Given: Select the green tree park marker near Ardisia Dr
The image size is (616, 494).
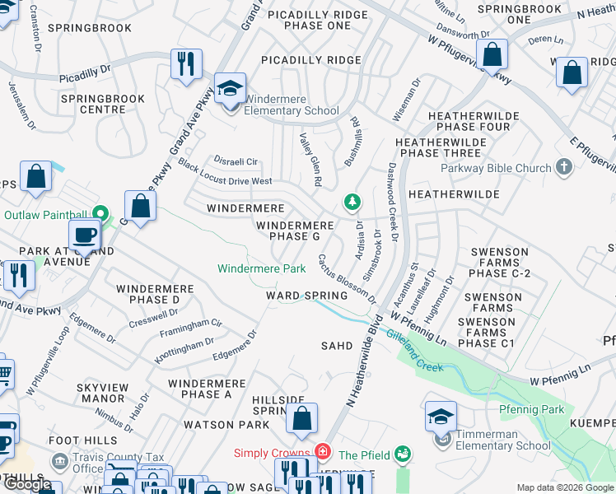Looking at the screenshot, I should point(352,202).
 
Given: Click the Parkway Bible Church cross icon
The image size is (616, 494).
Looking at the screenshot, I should point(564,168).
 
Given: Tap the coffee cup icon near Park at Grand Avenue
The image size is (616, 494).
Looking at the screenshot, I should point(85,235).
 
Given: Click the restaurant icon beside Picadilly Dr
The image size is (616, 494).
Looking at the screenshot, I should point(186,63).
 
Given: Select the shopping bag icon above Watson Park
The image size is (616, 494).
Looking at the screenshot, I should point(302,418).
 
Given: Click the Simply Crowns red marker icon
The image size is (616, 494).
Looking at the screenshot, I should point(323,453).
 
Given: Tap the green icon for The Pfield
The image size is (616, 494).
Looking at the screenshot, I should point(403,454).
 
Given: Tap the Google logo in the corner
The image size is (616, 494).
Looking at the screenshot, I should point(29,485).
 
